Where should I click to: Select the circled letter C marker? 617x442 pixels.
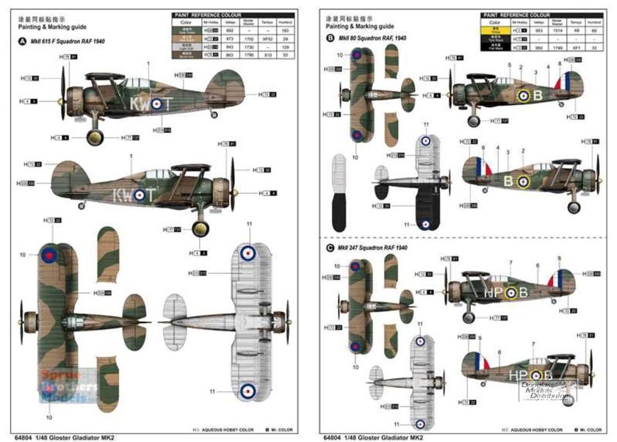[x=330, y=248]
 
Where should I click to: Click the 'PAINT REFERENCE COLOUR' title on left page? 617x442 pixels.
[x=209, y=14]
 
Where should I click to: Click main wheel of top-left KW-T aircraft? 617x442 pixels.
[x=95, y=137]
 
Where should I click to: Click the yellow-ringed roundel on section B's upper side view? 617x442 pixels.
[x=522, y=95]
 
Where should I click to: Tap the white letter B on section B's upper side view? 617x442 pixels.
[x=537, y=95]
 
